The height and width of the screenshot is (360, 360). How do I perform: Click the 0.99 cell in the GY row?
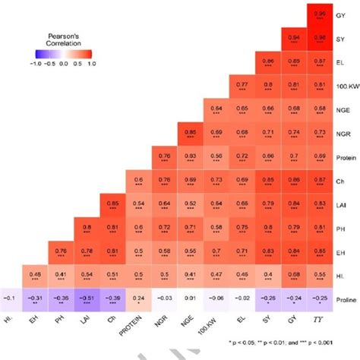(x=320, y=15)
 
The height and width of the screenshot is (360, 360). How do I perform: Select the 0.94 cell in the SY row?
(x=293, y=38)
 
